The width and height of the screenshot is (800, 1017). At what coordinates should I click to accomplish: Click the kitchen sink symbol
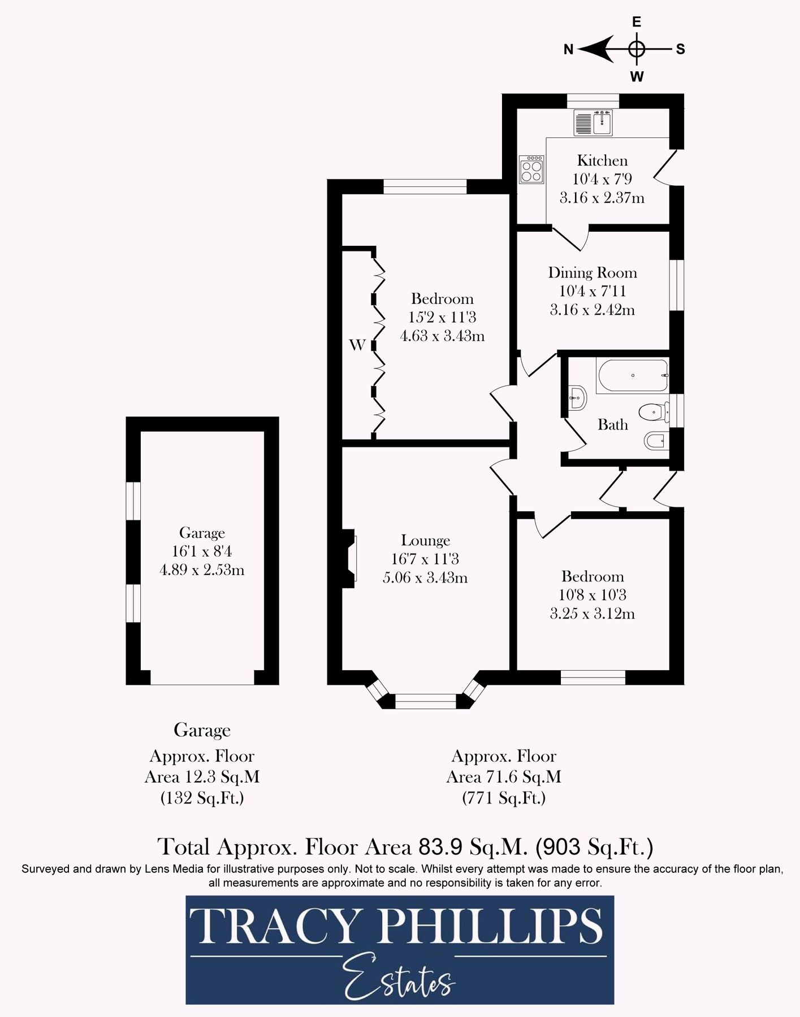coord(594,123)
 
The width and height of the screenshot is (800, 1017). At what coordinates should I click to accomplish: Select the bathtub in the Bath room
coord(632,376)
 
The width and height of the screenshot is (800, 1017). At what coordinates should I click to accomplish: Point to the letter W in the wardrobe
coord(357,345)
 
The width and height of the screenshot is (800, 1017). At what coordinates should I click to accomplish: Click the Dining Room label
coord(592,273)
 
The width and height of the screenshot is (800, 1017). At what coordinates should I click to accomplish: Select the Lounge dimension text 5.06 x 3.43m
coord(425,577)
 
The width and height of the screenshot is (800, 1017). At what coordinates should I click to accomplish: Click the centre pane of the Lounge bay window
coord(425,701)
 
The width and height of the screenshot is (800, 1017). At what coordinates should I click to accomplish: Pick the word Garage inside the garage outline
coord(202,533)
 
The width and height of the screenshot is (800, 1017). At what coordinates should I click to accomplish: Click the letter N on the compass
coord(568,50)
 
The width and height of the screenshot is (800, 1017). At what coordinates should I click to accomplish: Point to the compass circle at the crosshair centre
coord(637,49)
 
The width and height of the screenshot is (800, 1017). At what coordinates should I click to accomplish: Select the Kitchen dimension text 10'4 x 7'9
coord(602,179)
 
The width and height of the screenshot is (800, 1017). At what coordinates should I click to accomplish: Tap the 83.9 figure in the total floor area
coord(440,847)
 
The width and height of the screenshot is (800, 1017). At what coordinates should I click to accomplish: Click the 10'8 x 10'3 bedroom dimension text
coord(592,595)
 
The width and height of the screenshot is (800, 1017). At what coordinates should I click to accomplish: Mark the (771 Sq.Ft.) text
coord(503,798)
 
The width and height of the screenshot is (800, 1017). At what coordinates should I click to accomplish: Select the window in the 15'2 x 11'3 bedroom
coord(425,186)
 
